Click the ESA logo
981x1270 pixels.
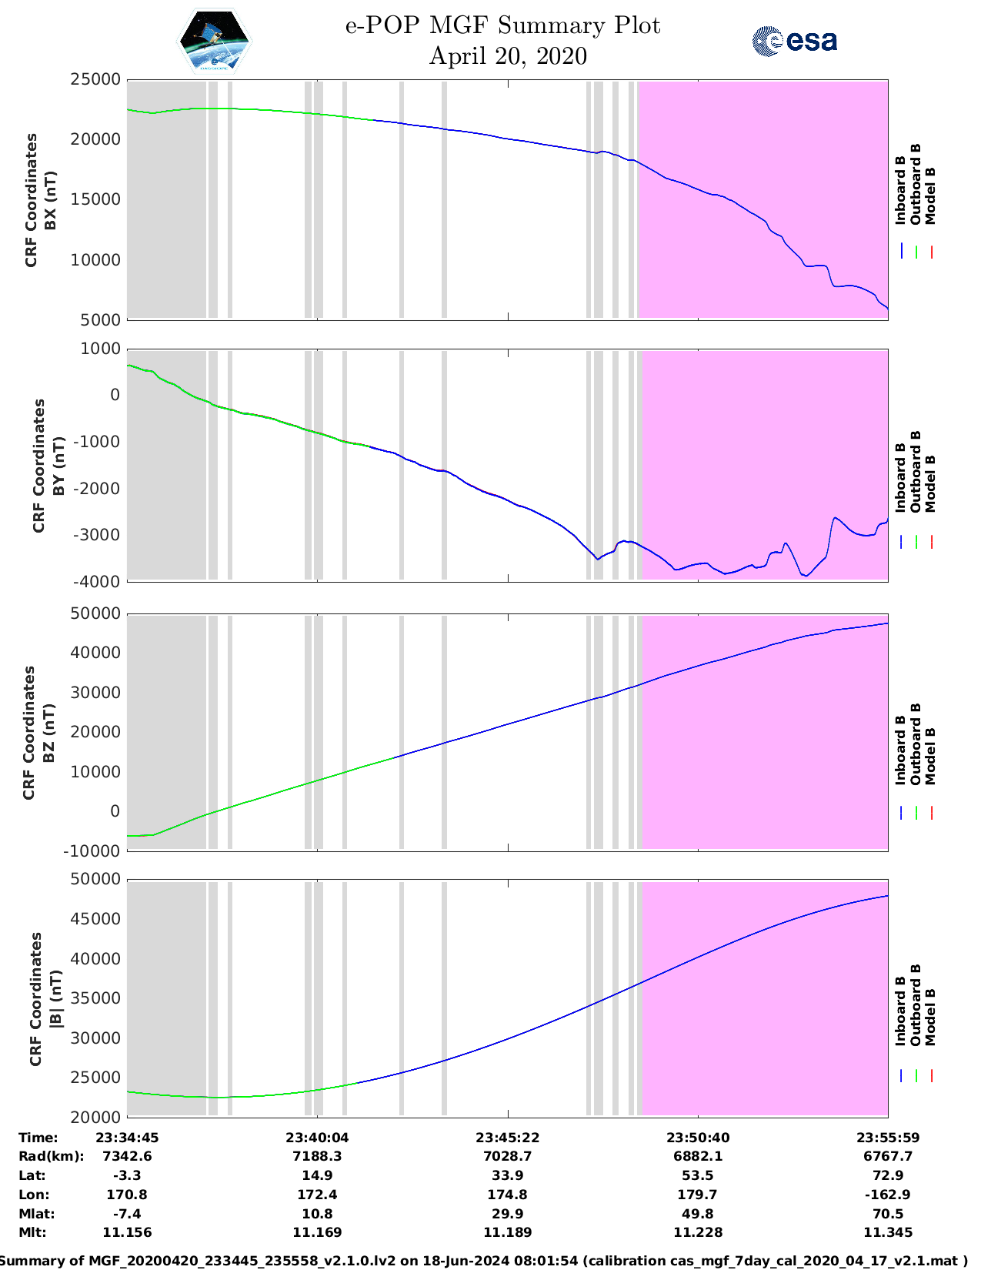point(794,41)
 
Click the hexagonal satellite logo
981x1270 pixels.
point(214,41)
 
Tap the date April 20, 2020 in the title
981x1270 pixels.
point(508,56)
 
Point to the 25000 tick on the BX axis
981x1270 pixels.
point(95,79)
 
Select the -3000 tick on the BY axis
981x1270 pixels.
point(97,535)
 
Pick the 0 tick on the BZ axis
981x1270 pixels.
point(115,811)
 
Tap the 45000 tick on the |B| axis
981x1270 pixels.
point(95,919)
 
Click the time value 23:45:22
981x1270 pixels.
point(507,1138)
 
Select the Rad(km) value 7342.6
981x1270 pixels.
point(127,1156)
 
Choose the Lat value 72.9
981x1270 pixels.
point(888,1175)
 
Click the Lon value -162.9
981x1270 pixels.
point(888,1195)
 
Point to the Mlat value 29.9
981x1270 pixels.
point(507,1214)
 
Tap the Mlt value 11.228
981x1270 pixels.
point(698,1232)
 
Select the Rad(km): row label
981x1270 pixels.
point(52,1156)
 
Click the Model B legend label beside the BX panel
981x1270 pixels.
point(930,196)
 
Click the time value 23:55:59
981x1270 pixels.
point(888,1138)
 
